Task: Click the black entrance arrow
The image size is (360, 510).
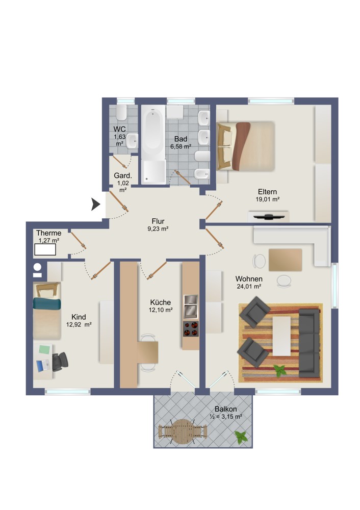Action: click(95, 205)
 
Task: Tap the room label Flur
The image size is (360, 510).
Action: click(158, 221)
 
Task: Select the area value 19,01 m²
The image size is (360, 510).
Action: click(268, 199)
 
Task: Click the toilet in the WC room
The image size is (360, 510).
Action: click(121, 112)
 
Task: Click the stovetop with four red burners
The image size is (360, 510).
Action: click(191, 328)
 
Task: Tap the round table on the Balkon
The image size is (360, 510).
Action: click(183, 431)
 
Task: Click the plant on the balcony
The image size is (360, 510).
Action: click(241, 437)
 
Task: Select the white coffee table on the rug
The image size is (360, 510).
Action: click(281, 336)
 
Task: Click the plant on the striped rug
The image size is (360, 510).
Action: click(279, 370)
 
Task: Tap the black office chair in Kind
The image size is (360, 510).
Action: click(60, 362)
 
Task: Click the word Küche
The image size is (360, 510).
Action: click(160, 302)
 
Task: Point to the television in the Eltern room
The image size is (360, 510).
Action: click(268, 217)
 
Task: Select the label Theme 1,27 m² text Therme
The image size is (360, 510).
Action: click(49, 233)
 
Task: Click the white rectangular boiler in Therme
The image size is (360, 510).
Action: click(45, 250)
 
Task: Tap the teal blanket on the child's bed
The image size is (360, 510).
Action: click(47, 304)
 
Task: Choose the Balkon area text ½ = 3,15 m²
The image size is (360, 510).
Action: click(226, 417)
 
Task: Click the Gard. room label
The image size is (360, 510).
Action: click(123, 175)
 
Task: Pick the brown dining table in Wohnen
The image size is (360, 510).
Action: click(285, 260)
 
